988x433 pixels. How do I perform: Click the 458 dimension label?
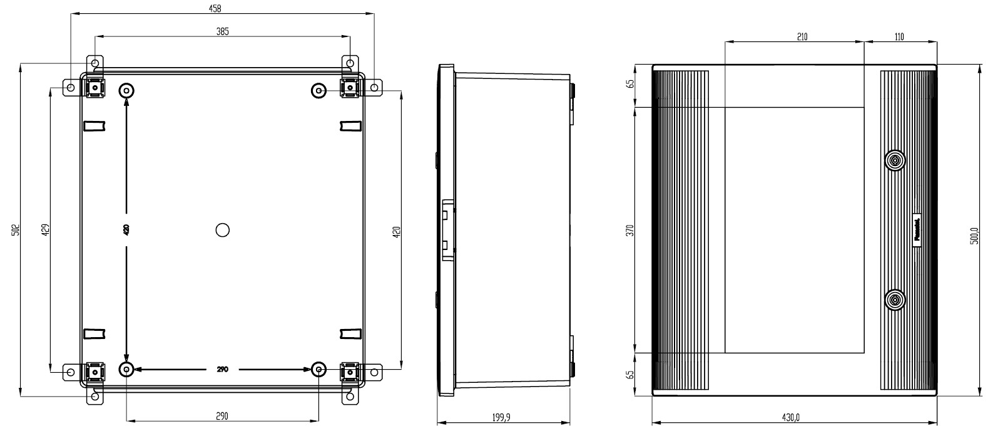point(214,8)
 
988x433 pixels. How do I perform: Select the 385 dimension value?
point(222,31)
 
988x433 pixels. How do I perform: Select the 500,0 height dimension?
point(974,236)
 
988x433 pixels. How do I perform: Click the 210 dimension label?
point(802,37)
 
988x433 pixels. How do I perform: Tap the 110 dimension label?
point(899,37)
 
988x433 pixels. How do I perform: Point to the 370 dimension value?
point(630,230)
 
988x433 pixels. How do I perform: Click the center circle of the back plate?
point(222,230)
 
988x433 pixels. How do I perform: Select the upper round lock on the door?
point(895,161)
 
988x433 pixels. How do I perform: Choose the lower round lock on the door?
point(895,300)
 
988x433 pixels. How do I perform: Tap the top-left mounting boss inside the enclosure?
point(127,91)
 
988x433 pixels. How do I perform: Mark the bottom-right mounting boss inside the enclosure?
point(319,370)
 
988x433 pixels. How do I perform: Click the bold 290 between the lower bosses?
point(222,370)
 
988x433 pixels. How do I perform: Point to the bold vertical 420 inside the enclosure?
point(126,230)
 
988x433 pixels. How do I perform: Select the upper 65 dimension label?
point(630,83)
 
